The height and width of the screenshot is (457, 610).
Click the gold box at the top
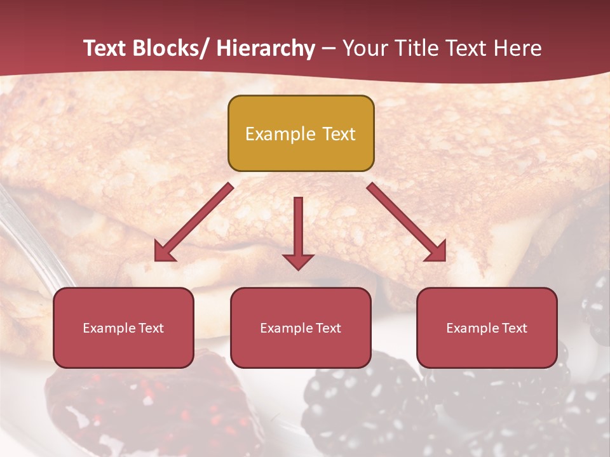click(301, 133)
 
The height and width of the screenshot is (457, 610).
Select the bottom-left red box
click(123, 328)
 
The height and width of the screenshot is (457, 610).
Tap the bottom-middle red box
click(301, 328)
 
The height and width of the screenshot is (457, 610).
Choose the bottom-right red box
click(487, 328)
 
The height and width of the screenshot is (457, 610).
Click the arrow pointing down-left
click(194, 222)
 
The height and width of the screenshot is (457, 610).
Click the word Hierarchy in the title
click(266, 48)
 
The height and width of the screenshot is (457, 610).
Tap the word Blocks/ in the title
click(171, 48)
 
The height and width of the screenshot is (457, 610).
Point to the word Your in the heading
click(364, 48)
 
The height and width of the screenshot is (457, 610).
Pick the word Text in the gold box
click(339, 134)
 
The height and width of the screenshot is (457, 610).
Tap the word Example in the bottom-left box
click(109, 328)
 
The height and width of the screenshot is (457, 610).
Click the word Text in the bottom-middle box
click(328, 328)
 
